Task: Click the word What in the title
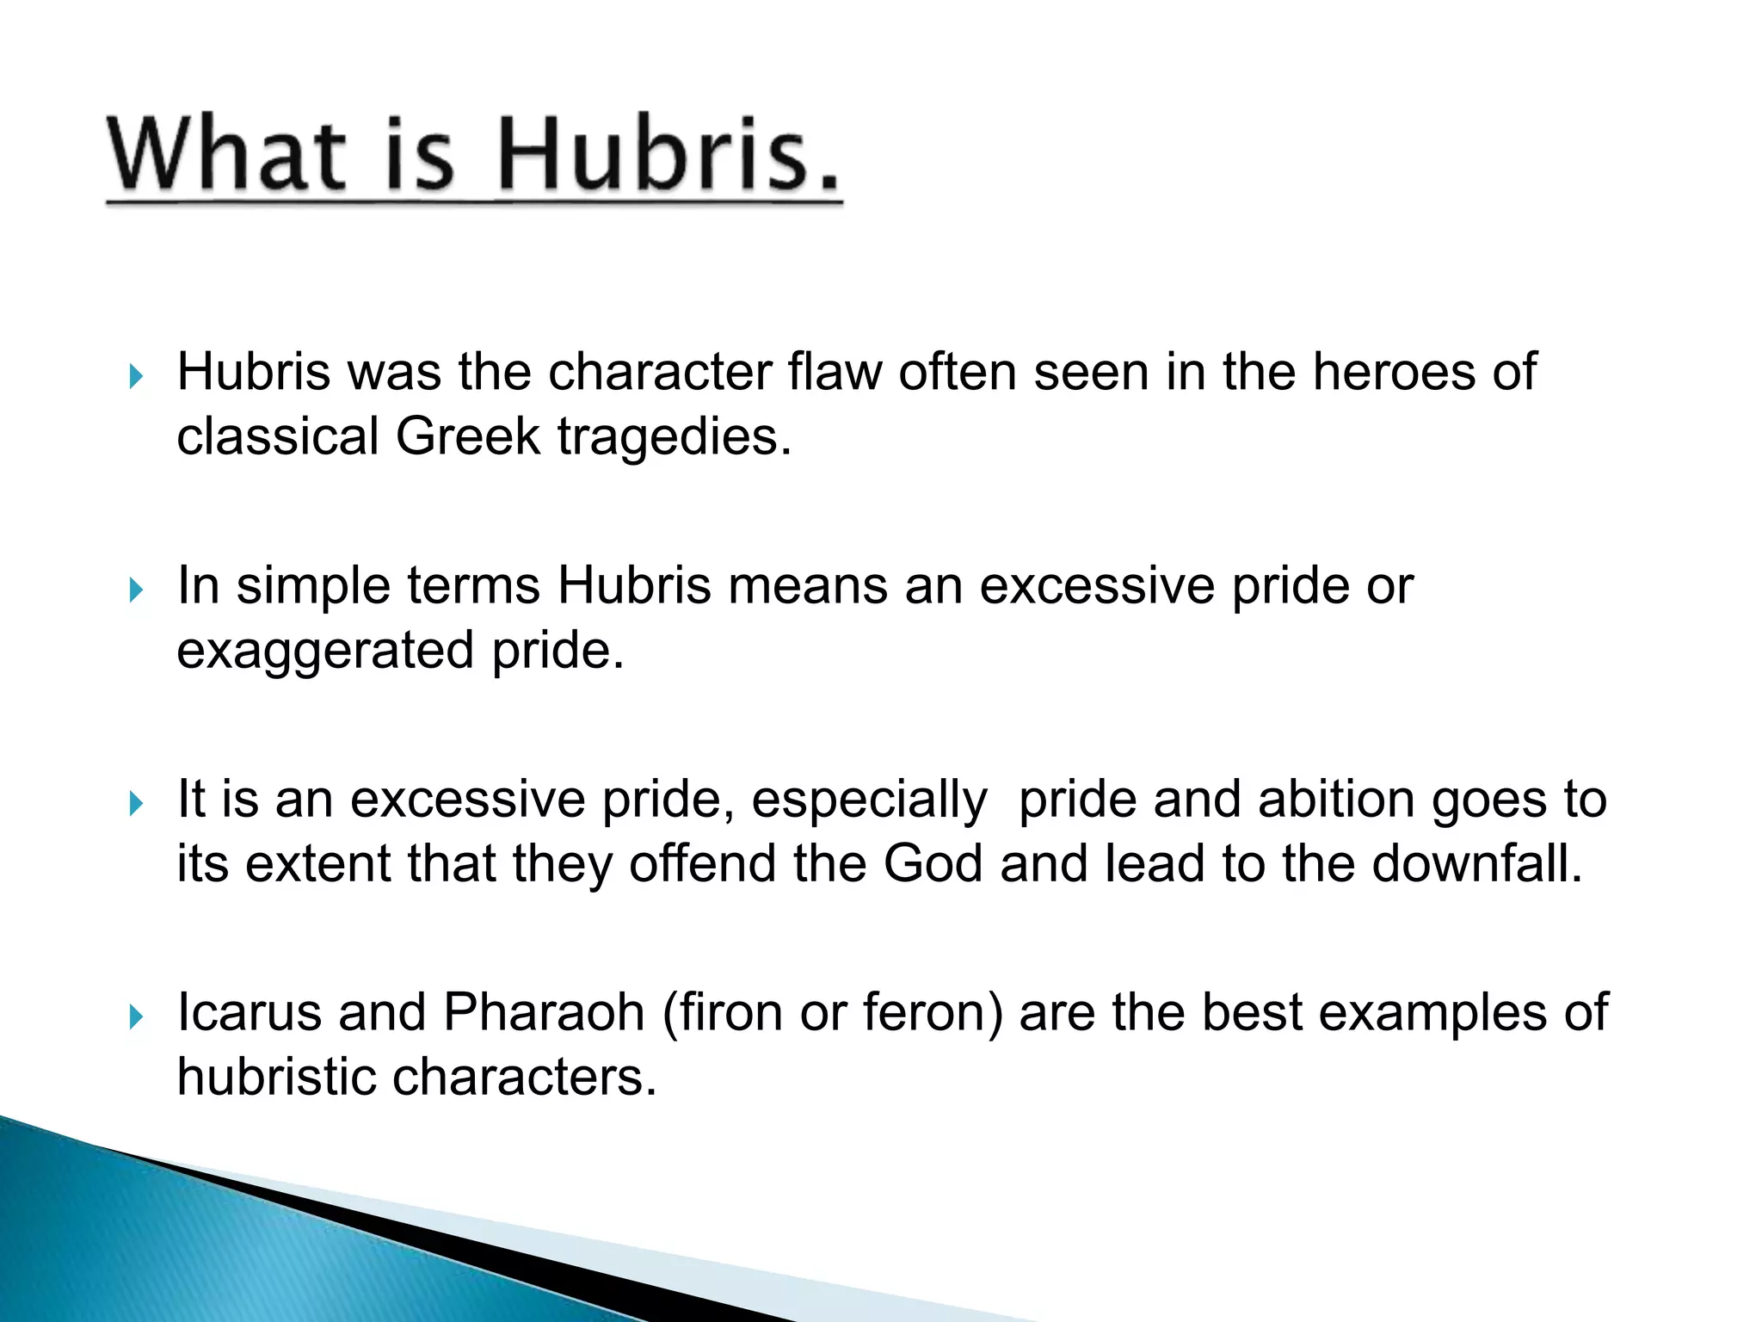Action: pyautogui.click(x=226, y=155)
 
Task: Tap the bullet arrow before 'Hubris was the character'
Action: pyautogui.click(x=135, y=376)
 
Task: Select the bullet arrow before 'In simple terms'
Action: pyautogui.click(x=135, y=590)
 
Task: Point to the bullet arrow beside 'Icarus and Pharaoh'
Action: pyautogui.click(x=135, y=1017)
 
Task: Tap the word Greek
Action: pyautogui.click(x=467, y=436)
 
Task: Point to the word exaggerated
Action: pyautogui.click(x=325, y=652)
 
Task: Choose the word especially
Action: pyautogui.click(x=869, y=800)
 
